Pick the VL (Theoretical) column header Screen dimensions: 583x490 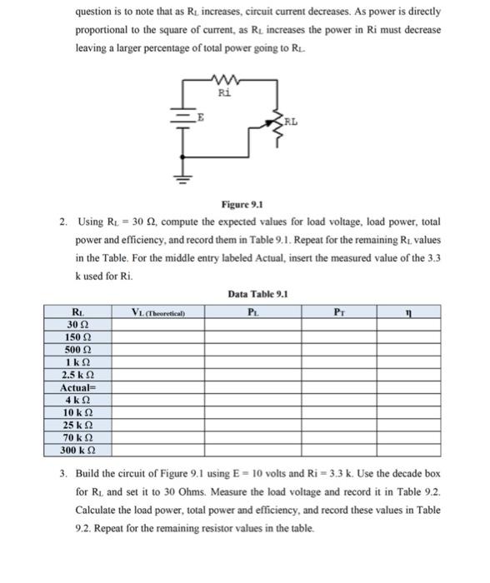tap(157, 312)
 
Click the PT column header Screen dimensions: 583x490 tap(341, 312)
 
